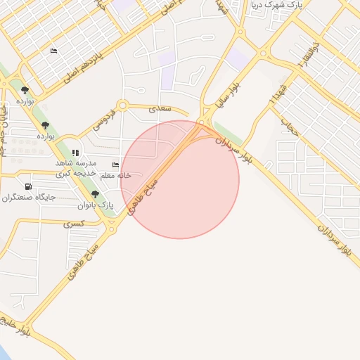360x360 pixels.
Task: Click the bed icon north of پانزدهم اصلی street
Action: [x=53, y=51]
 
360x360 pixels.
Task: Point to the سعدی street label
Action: [x=161, y=109]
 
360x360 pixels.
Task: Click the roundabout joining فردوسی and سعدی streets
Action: [x=122, y=105]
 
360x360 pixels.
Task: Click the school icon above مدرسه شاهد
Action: [x=75, y=152]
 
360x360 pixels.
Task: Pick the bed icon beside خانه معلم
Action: [x=115, y=165]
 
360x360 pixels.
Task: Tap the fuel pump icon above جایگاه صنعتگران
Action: [x=28, y=186]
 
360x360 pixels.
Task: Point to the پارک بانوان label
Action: [x=96, y=205]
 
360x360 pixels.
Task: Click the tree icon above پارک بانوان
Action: [x=95, y=194]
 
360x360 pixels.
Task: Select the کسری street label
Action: [x=73, y=224]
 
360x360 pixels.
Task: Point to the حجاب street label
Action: [x=286, y=127]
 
